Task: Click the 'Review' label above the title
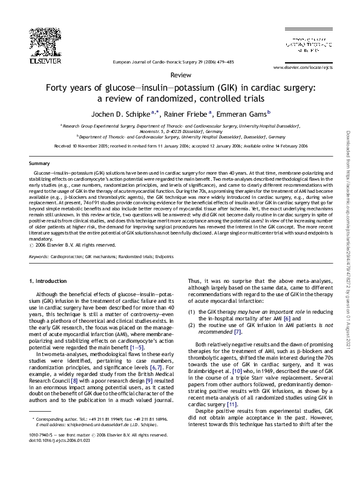click(179, 75)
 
